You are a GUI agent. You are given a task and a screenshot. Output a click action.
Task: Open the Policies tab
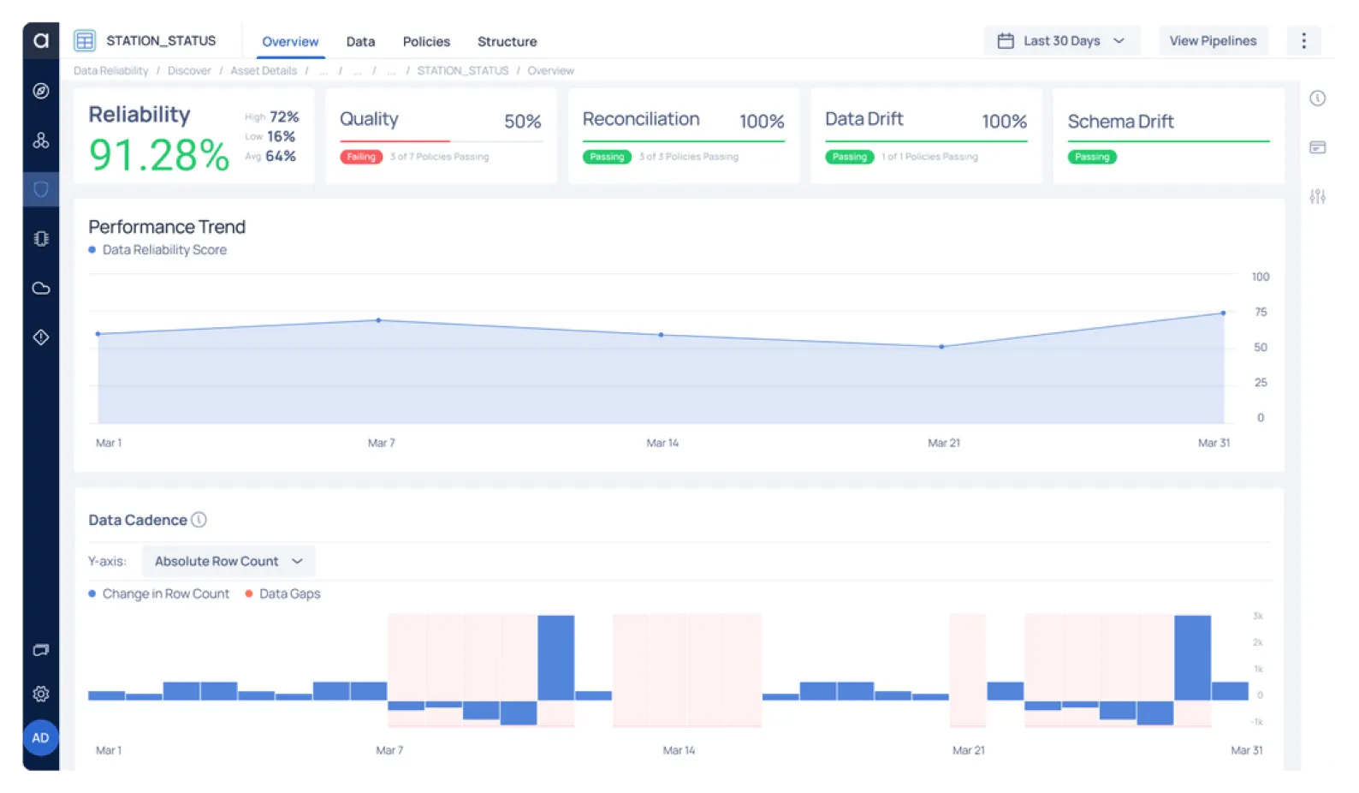tap(426, 41)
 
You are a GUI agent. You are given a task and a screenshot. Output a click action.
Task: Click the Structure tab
tap(507, 41)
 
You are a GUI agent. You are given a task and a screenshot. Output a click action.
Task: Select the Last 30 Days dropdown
tap(1061, 41)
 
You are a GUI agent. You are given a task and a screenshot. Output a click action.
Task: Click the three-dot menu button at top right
tap(1303, 41)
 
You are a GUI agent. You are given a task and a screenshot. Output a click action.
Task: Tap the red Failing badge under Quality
tap(360, 157)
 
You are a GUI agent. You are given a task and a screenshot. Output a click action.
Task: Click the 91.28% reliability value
tap(159, 155)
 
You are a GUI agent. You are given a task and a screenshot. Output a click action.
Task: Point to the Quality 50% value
tap(522, 122)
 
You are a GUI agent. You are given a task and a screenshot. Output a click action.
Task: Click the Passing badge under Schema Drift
tap(1091, 157)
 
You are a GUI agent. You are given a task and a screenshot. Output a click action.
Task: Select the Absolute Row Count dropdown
tap(228, 561)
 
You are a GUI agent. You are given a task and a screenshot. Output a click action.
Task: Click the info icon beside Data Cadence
tap(199, 520)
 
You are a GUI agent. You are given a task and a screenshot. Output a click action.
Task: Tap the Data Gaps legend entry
tap(288, 593)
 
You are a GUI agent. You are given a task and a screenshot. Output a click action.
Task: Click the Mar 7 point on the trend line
tap(378, 320)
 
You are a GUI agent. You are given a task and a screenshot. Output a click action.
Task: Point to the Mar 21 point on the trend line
tap(941, 347)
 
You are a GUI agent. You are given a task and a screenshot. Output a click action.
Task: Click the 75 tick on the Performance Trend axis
tap(1260, 312)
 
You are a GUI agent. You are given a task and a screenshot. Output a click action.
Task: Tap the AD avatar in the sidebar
tap(40, 737)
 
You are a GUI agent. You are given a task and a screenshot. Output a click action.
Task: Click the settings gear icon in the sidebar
tap(40, 694)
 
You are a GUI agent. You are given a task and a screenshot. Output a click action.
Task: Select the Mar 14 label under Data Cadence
tap(679, 750)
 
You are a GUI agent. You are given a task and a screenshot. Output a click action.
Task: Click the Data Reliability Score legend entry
tap(163, 249)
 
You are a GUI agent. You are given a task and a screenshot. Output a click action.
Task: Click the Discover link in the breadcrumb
tap(189, 70)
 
